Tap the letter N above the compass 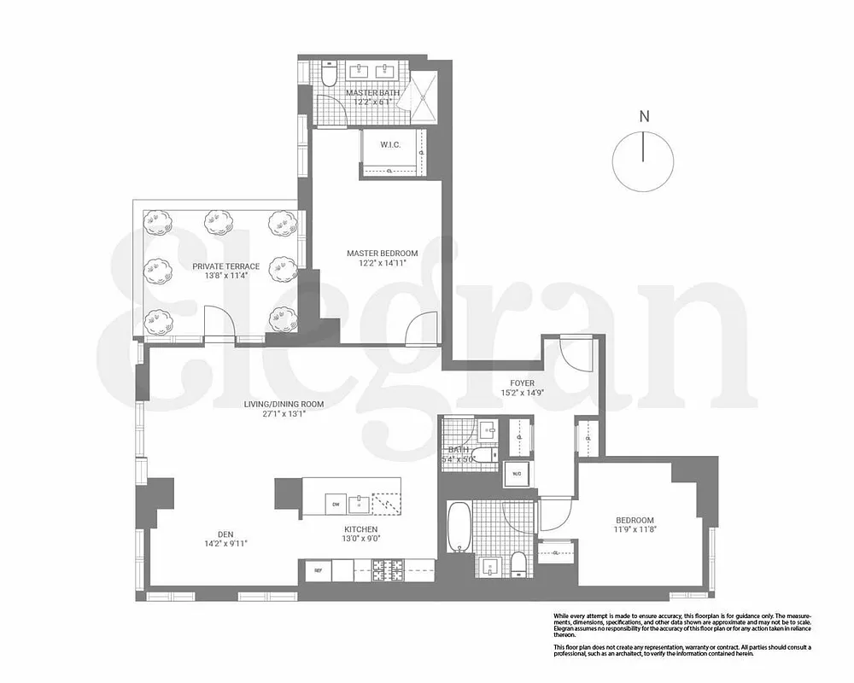coord(645,117)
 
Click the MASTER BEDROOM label coord(382,254)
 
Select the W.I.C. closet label coord(391,145)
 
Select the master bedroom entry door coord(422,329)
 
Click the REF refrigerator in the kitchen coord(317,569)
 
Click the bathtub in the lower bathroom coord(459,528)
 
